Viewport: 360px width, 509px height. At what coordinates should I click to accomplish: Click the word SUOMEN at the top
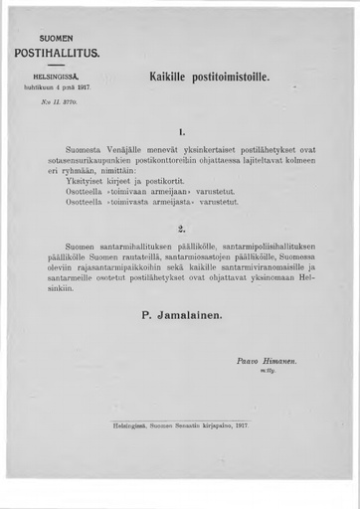click(56, 37)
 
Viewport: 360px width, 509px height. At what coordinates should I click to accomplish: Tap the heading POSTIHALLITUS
click(57, 53)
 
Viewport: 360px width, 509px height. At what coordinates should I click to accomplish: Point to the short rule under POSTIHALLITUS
click(57, 65)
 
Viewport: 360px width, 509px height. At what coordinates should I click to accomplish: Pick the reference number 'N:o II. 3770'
click(56, 100)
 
